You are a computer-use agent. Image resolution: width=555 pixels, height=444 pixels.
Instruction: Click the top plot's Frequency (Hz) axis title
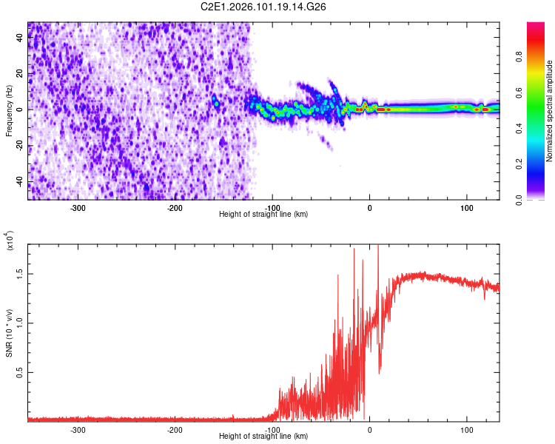pyautogui.click(x=8, y=111)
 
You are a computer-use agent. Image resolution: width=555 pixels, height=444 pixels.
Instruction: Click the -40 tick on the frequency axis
pyautogui.click(x=19, y=182)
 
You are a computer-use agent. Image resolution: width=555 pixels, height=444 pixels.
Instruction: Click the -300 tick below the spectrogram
pyautogui.click(x=78, y=208)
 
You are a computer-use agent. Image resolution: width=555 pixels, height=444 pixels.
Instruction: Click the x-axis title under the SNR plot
pyautogui.click(x=263, y=436)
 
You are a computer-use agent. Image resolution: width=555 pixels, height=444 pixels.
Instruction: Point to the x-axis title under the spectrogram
pyautogui.click(x=263, y=214)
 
